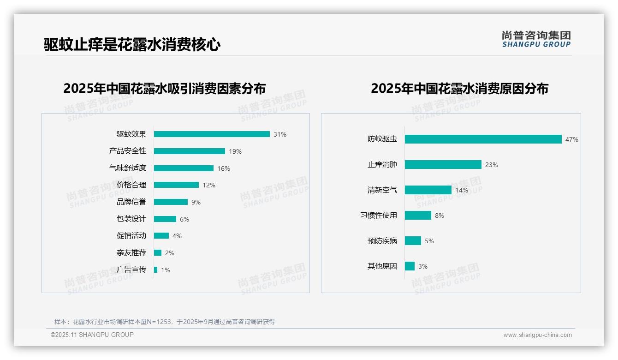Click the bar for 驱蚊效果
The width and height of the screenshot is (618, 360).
pyautogui.click(x=212, y=134)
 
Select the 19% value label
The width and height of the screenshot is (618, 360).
pyautogui.click(x=235, y=151)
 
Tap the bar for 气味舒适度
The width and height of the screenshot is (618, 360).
pyautogui.click(x=184, y=168)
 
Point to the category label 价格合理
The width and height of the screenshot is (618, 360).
pyautogui.click(x=131, y=185)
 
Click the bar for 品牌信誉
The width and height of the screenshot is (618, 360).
pyautogui.click(x=171, y=202)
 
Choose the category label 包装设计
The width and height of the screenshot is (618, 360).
pyautogui.click(x=131, y=219)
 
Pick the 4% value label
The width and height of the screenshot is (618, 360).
pyautogui.click(x=177, y=236)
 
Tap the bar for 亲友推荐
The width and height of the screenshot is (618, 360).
pyautogui.click(x=158, y=253)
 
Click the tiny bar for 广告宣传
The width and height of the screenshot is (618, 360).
pyautogui.click(x=155, y=270)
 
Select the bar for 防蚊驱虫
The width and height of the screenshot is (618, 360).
pyautogui.click(x=483, y=139)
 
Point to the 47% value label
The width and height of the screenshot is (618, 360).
pyautogui.click(x=571, y=139)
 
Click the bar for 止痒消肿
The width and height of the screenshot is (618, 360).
pyautogui.click(x=443, y=165)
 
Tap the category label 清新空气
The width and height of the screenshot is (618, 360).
pyautogui.click(x=382, y=190)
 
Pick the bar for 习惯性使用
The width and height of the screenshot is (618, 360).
pyautogui.click(x=418, y=216)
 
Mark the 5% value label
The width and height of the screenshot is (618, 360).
pyautogui.click(x=429, y=241)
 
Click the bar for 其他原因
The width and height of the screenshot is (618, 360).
pyautogui.click(x=410, y=266)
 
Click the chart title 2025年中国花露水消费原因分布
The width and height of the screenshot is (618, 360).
pyautogui.click(x=459, y=89)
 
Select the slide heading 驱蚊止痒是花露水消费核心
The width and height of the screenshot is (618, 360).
pyautogui.click(x=132, y=45)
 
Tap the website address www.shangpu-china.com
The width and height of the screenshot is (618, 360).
pyautogui.click(x=537, y=335)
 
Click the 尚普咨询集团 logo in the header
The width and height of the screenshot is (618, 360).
pyautogui.click(x=536, y=39)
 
